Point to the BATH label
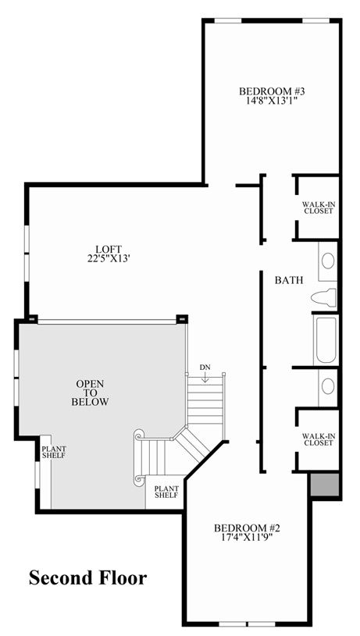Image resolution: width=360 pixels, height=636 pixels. [x=289, y=280]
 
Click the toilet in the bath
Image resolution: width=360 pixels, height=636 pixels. [x=323, y=297]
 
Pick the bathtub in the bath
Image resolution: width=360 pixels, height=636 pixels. [x=325, y=340]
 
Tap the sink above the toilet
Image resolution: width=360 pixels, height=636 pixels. [x=328, y=261]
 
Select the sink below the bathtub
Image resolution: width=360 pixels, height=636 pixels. [x=328, y=386]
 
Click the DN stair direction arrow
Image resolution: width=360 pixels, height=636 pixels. [x=205, y=378]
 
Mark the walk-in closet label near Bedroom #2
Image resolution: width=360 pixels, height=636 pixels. [x=319, y=439]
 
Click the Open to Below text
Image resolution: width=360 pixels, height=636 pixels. [x=90, y=393]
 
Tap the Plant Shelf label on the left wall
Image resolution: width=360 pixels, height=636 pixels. [x=54, y=453]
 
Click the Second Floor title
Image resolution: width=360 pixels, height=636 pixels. [x=87, y=577]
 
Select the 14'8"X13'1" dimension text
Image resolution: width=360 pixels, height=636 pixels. [x=272, y=101]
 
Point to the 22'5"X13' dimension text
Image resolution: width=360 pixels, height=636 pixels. [x=109, y=258]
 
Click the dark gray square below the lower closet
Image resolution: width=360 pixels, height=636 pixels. [x=325, y=484]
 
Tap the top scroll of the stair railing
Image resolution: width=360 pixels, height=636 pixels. [x=139, y=435]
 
